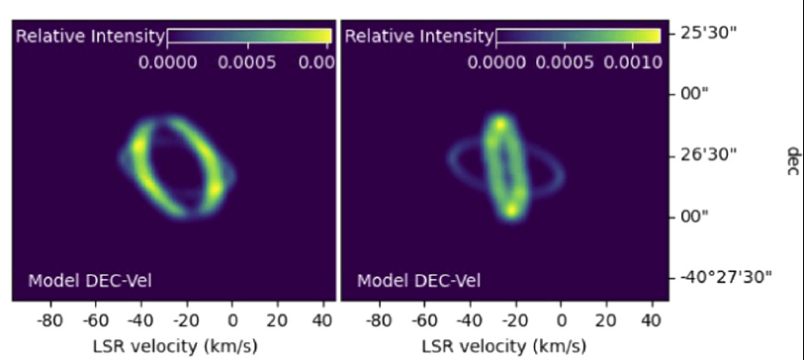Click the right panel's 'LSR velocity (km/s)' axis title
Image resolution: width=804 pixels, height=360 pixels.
click(x=503, y=346)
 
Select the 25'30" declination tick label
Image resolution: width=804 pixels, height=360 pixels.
click(x=710, y=34)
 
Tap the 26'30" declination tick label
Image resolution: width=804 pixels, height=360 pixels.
click(x=710, y=155)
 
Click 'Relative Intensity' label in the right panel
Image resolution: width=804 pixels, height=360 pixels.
click(x=418, y=37)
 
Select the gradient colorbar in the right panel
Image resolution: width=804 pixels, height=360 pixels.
click(x=578, y=37)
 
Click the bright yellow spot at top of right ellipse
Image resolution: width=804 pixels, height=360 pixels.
click(x=500, y=125)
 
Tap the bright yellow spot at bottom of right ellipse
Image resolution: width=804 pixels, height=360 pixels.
click(x=511, y=209)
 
